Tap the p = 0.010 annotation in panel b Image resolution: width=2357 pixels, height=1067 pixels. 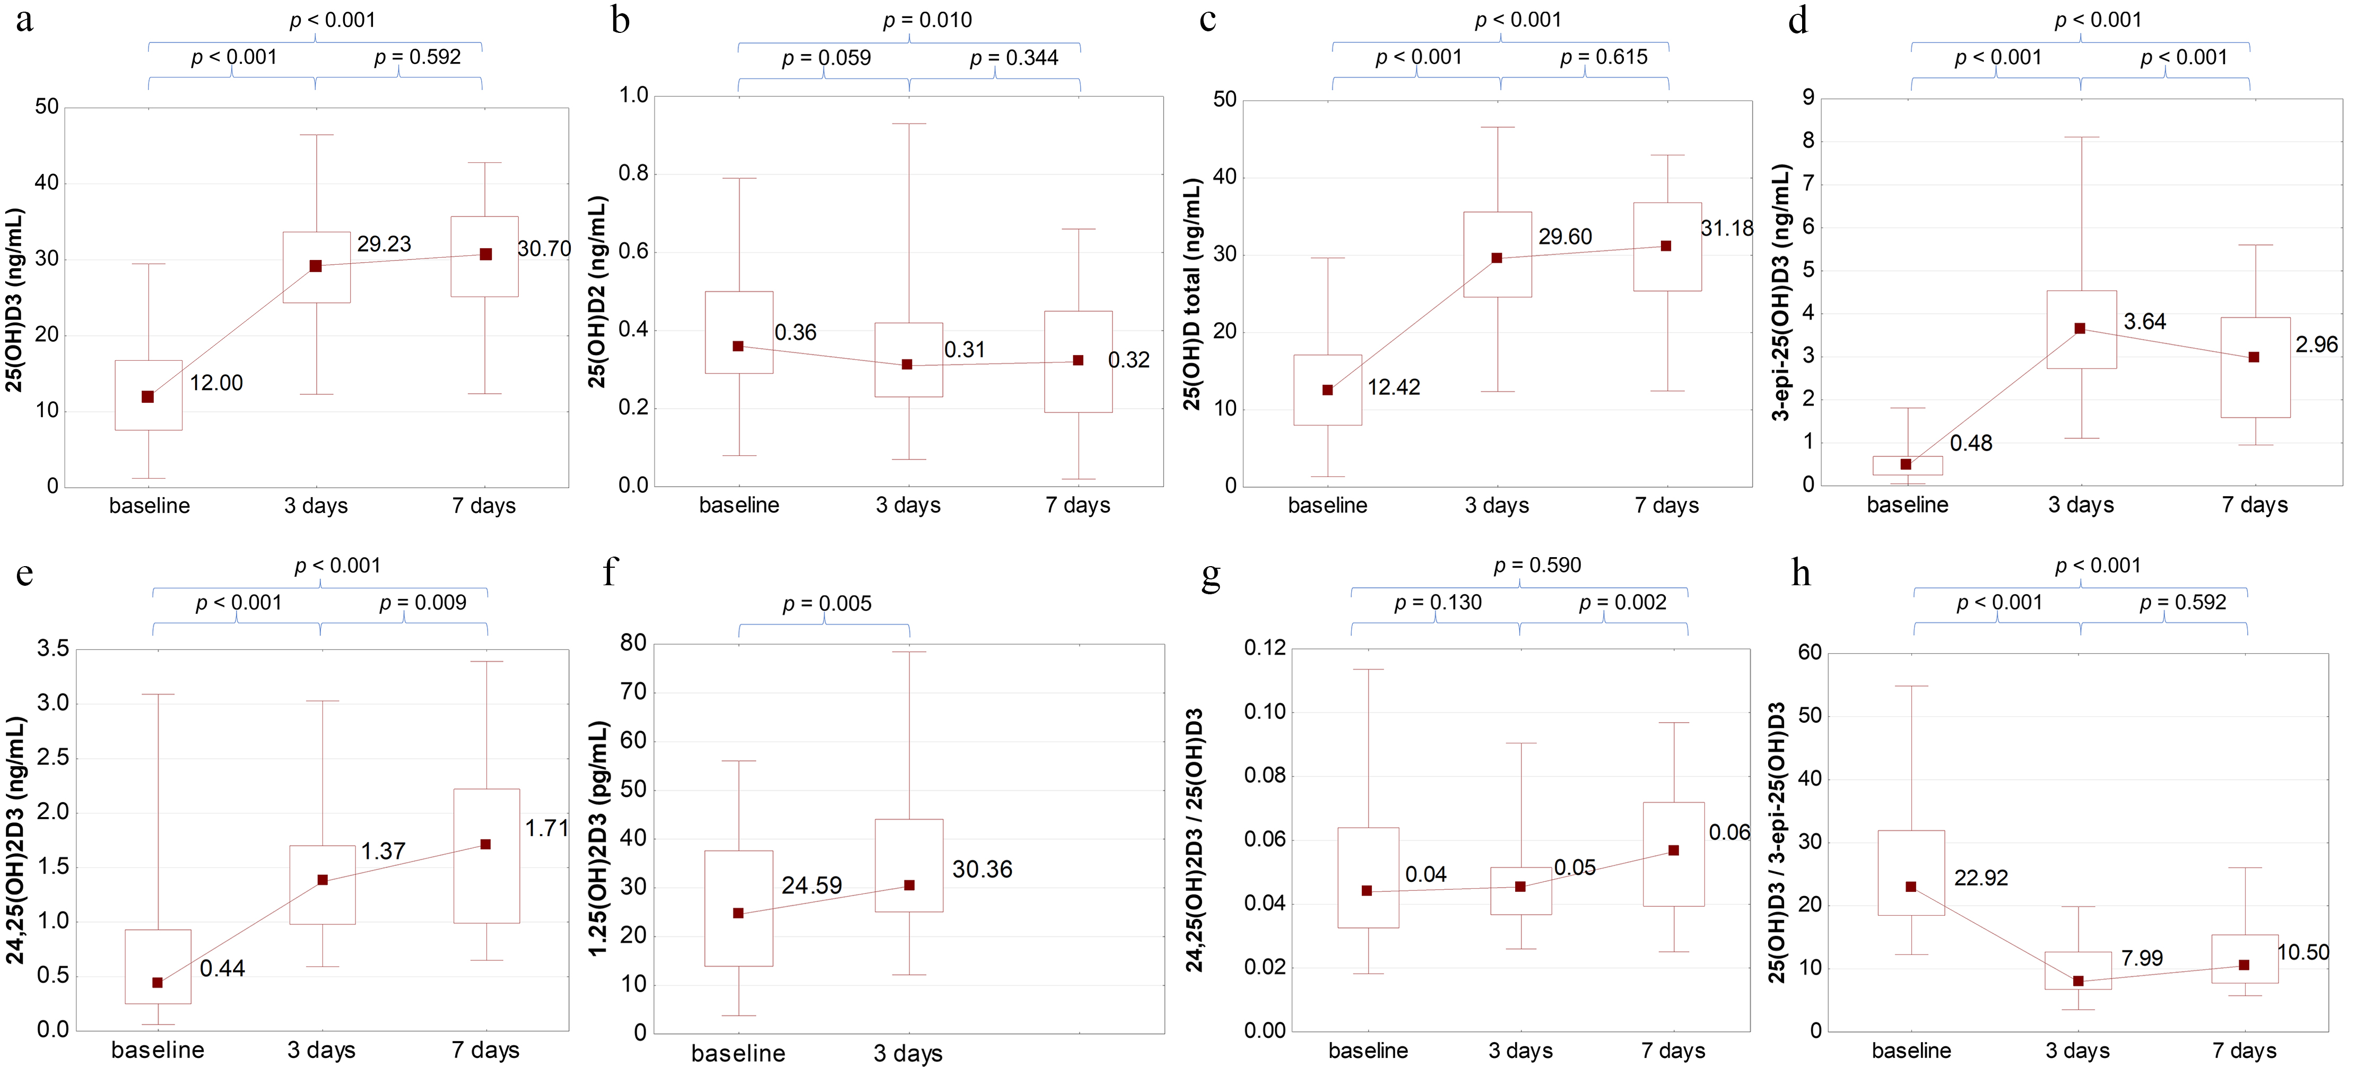pos(927,20)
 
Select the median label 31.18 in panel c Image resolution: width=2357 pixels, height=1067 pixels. pos(1727,229)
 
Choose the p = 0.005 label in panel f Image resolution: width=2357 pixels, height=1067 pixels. pos(827,604)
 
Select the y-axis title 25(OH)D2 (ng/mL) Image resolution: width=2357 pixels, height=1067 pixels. pos(597,291)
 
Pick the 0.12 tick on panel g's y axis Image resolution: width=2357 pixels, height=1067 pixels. pos(1265,649)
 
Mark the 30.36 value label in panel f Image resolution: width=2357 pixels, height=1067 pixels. pos(982,869)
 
